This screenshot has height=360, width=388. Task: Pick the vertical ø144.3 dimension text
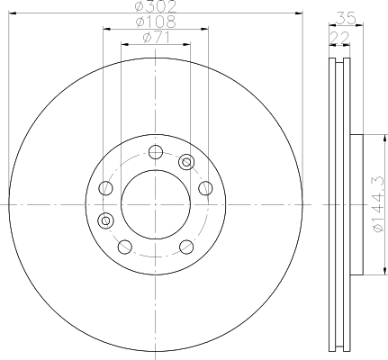point(378,204)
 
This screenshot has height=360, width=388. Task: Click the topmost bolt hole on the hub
point(155,151)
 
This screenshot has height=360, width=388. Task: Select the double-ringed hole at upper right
point(186,162)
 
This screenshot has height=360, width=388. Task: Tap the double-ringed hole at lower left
point(105,220)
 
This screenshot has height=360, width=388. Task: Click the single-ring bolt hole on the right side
point(203,187)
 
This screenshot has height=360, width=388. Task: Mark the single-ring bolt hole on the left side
point(105,187)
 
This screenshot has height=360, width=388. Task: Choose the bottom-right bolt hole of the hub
point(185,247)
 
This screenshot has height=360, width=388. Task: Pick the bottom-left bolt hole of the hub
point(124,247)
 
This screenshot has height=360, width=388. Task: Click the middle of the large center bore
point(155,205)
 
